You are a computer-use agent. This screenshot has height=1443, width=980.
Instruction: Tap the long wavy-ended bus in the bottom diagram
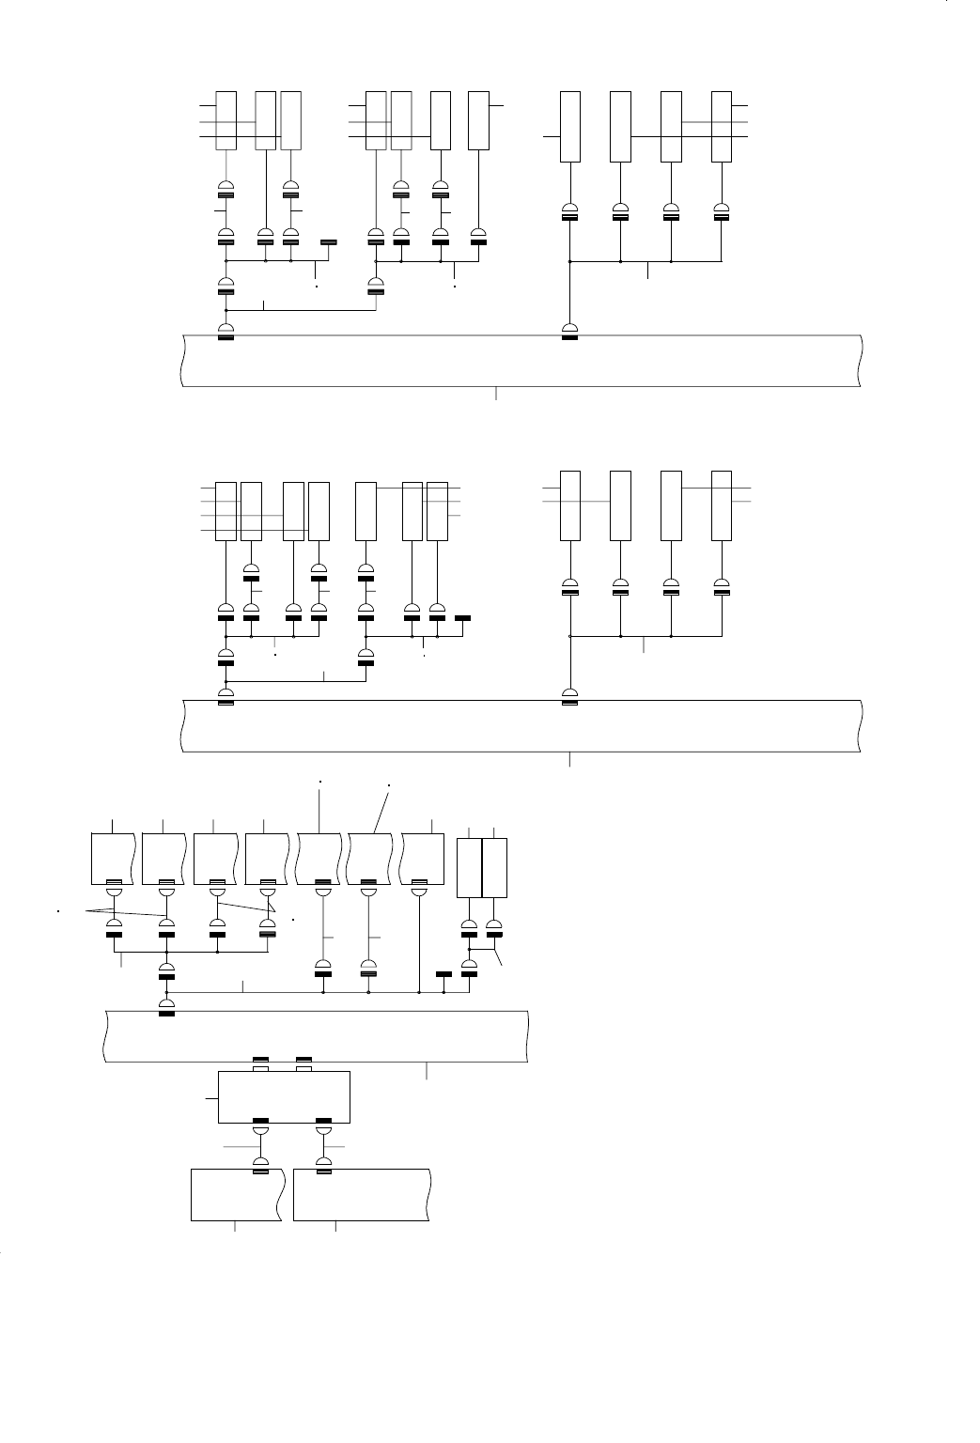click(315, 1035)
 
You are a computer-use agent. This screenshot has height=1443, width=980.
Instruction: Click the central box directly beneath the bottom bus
click(284, 1096)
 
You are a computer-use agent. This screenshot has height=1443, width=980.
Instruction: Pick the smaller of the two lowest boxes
click(236, 1194)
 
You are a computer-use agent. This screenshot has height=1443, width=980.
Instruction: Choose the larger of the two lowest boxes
click(362, 1194)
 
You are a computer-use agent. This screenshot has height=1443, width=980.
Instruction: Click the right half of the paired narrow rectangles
click(494, 867)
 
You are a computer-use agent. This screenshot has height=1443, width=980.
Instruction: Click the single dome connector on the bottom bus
click(167, 1006)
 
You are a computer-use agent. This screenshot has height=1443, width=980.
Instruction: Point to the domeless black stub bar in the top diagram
click(328, 242)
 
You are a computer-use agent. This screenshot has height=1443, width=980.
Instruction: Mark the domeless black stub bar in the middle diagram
click(462, 618)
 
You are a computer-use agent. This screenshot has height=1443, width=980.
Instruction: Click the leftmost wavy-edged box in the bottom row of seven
click(113, 857)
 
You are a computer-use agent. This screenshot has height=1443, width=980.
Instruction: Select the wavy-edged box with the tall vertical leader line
click(320, 857)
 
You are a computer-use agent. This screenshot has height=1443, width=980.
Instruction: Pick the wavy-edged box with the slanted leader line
click(369, 857)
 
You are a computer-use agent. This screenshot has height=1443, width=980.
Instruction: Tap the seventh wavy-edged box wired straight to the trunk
click(422, 857)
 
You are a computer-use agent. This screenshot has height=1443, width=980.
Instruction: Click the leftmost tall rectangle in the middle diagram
click(226, 511)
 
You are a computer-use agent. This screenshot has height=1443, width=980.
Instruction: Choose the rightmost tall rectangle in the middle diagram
click(722, 505)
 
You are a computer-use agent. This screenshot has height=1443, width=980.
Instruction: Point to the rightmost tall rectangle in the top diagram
click(722, 127)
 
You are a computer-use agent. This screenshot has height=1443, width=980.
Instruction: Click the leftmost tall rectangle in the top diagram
click(226, 120)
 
